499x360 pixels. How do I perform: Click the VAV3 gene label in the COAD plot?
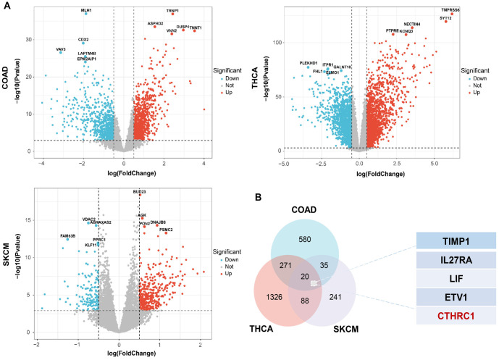point(61,49)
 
